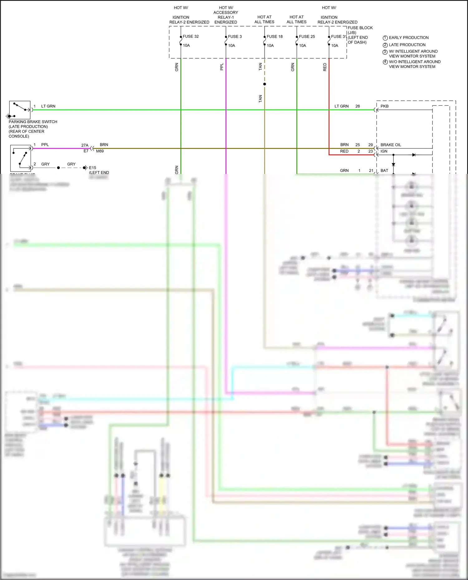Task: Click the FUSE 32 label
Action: (191, 36)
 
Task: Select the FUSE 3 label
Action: (235, 36)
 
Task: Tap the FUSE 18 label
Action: (275, 36)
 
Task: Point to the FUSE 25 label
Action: (307, 36)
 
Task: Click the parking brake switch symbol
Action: (20, 110)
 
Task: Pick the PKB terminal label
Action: (384, 106)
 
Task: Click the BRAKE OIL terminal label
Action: (391, 145)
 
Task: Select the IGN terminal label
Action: (384, 151)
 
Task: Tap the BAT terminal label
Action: (384, 170)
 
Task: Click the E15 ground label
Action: (92, 168)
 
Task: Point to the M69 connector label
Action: (100, 151)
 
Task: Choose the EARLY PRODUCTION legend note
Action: (409, 38)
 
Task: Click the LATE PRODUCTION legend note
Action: (407, 45)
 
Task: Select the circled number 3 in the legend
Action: (385, 52)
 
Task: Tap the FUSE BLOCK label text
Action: (360, 28)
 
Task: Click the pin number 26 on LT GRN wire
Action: (358, 106)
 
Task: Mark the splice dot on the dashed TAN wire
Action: (265, 84)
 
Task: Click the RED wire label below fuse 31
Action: (325, 67)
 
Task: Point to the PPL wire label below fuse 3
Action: (222, 67)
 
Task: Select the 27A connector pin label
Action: (85, 145)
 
